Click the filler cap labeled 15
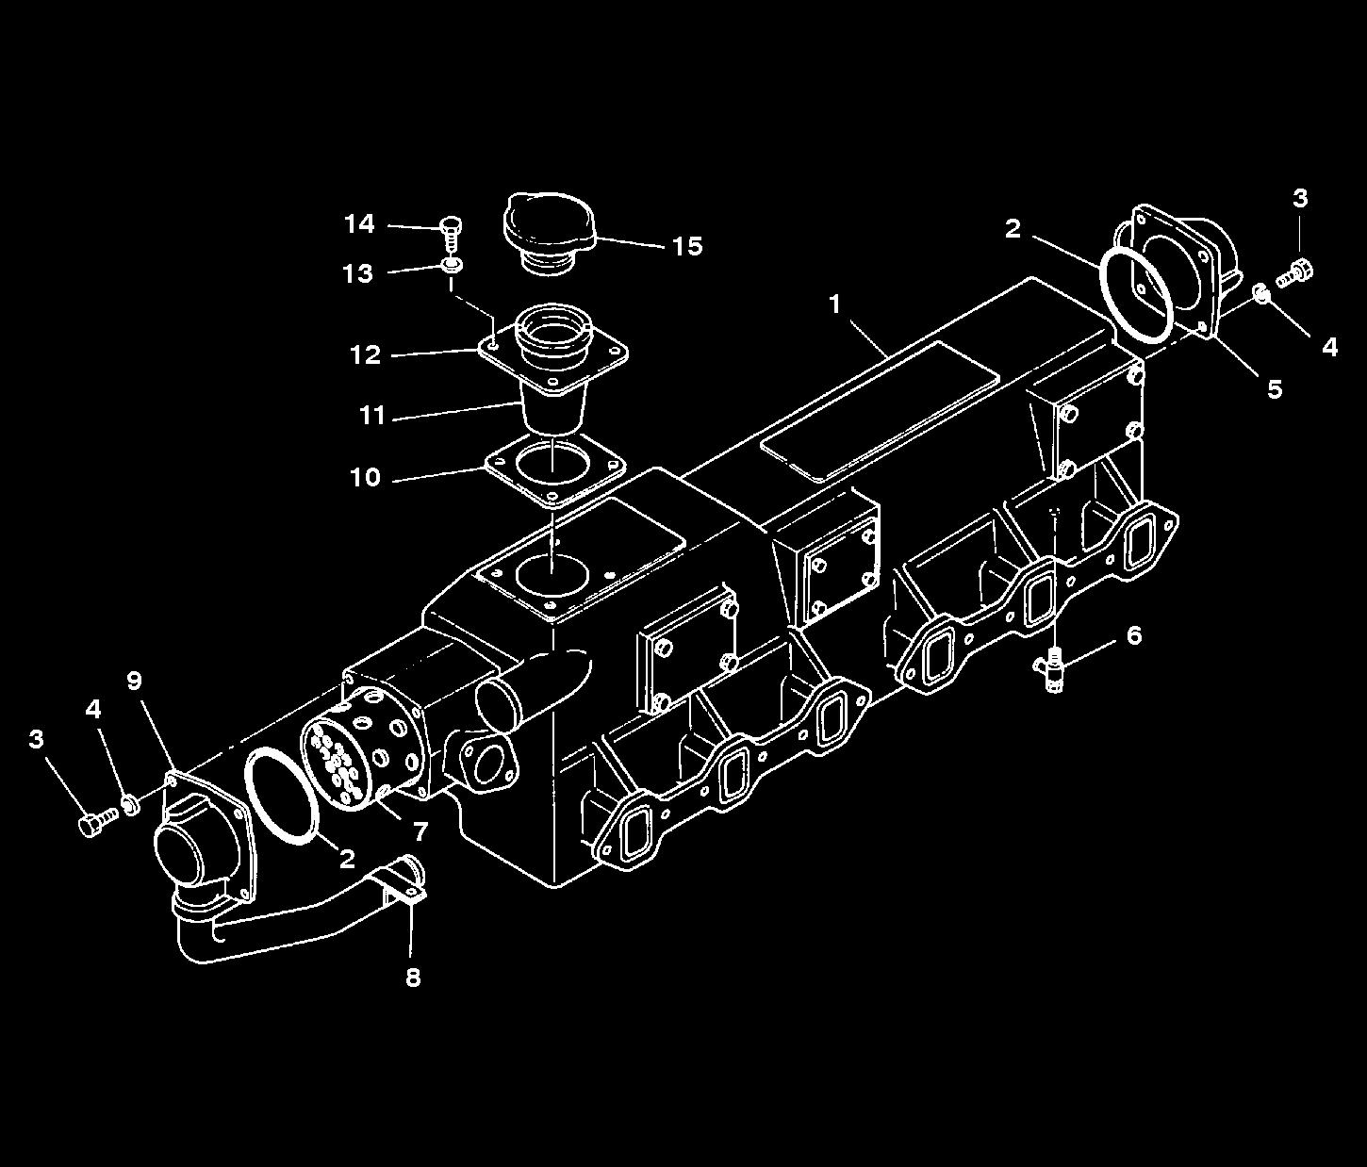click(x=549, y=232)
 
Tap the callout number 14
click(x=360, y=224)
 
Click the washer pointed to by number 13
click(x=453, y=266)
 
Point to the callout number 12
click(x=366, y=355)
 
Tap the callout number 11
click(x=371, y=416)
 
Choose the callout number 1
click(x=834, y=304)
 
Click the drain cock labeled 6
click(x=1052, y=672)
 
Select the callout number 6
click(x=1133, y=635)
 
